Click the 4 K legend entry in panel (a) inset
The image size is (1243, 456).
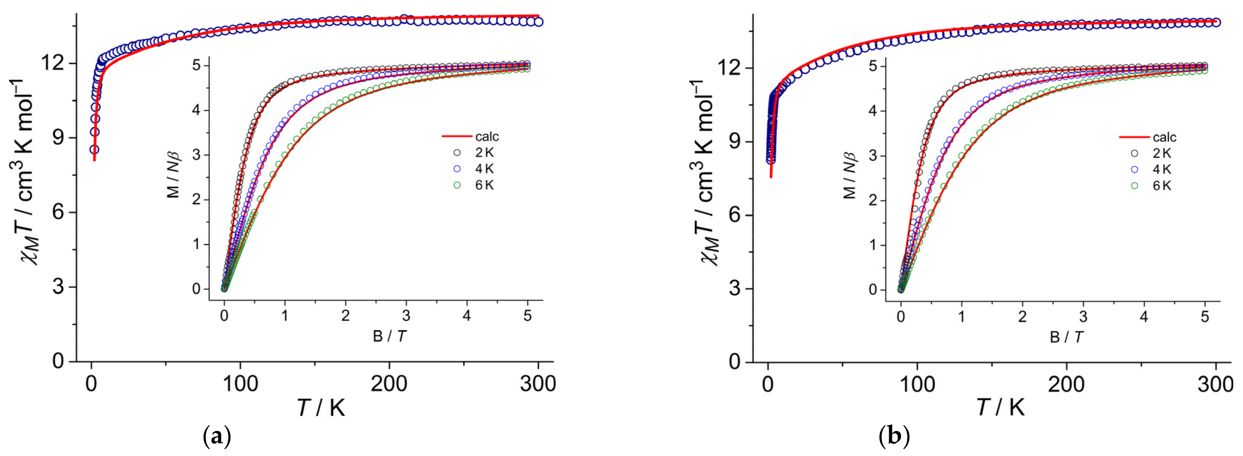(x=484, y=169)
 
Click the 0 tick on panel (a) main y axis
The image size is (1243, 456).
(x=58, y=361)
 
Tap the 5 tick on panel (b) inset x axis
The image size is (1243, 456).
(x=1205, y=317)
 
